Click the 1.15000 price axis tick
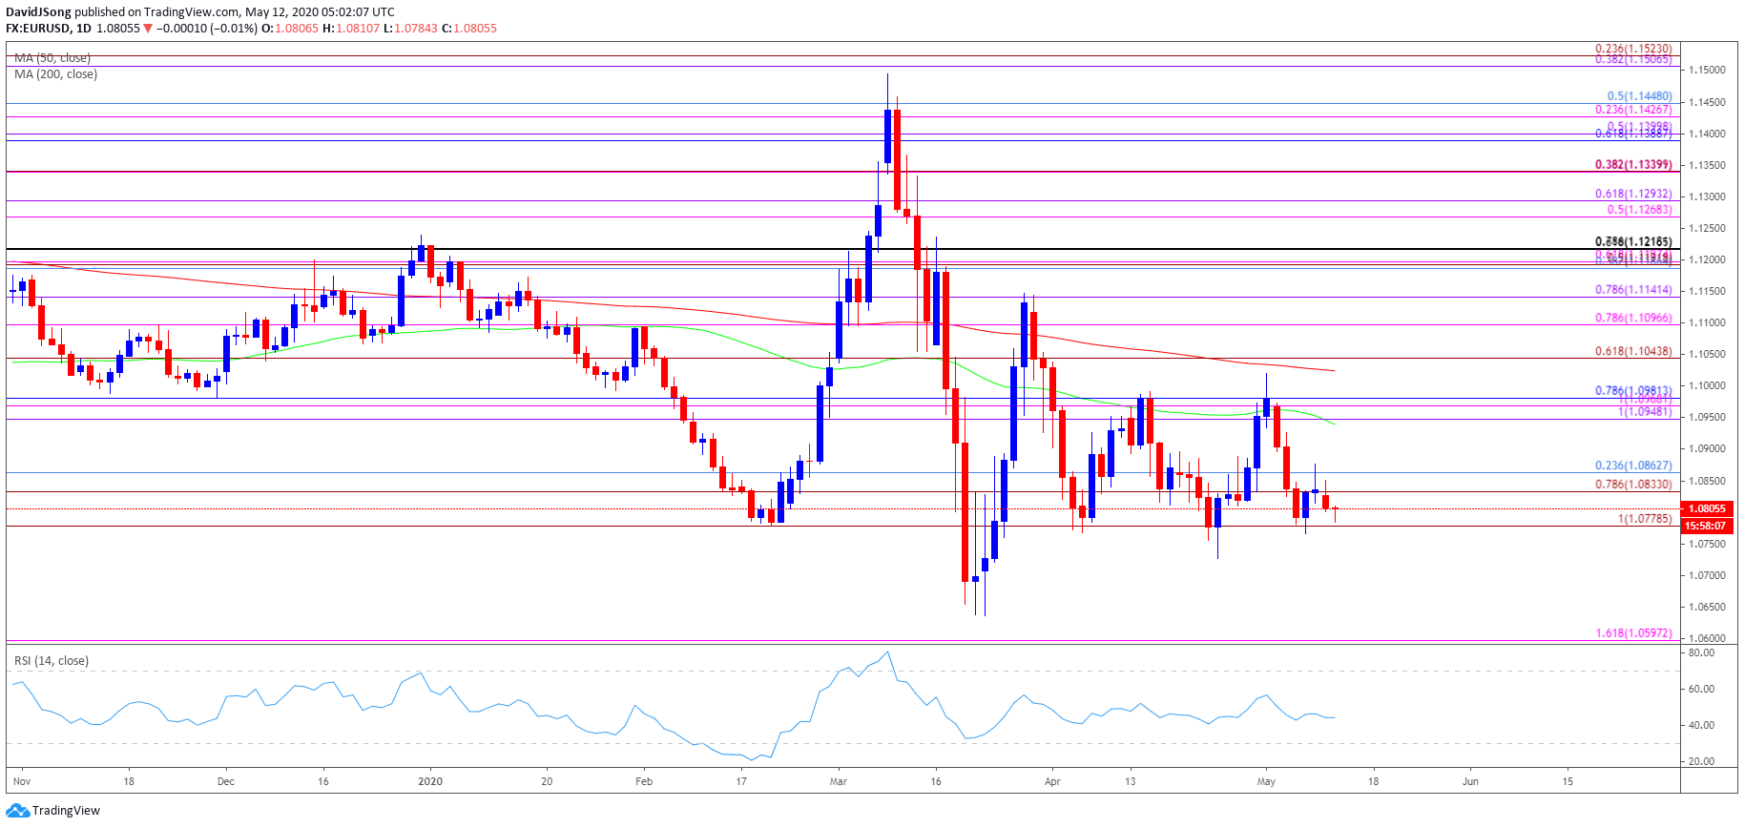pyautogui.click(x=1706, y=70)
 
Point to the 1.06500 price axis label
pyautogui.click(x=1706, y=607)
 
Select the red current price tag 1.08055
pyautogui.click(x=1707, y=508)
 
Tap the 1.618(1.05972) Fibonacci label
pyautogui.click(x=1632, y=632)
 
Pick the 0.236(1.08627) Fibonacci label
pyautogui.click(x=1632, y=466)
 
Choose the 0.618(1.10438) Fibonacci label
pyautogui.click(x=1632, y=351)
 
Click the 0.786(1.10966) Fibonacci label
pyautogui.click(x=1632, y=318)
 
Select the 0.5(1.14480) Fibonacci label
pyautogui.click(x=1638, y=96)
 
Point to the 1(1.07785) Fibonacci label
pyautogui.click(x=1644, y=519)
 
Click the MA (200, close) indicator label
pyautogui.click(x=55, y=74)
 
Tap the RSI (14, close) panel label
pyautogui.click(x=52, y=660)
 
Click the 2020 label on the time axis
pyautogui.click(x=430, y=781)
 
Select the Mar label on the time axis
pyautogui.click(x=838, y=781)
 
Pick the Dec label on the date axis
pyautogui.click(x=225, y=781)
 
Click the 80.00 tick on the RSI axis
pyautogui.click(x=1701, y=652)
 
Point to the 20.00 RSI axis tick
pyautogui.click(x=1701, y=761)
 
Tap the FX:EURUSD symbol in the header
pyautogui.click(x=37, y=29)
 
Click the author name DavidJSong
pyautogui.click(x=38, y=12)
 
